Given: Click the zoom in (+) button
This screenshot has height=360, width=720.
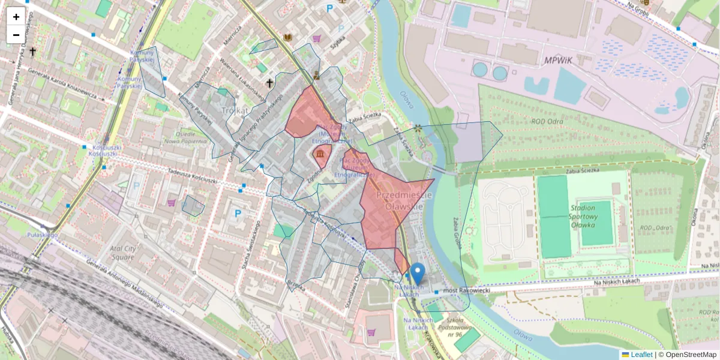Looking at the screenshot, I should coord(16,17).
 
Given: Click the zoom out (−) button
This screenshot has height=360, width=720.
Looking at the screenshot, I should coord(16,35).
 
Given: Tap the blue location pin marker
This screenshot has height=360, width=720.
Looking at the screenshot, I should coord(418,272).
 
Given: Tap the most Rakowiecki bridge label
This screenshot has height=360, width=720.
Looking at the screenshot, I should coord(466,291).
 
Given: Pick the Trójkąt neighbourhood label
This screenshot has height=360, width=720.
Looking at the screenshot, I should coord(235,110).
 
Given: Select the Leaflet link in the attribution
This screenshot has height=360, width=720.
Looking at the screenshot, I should coord(641,355).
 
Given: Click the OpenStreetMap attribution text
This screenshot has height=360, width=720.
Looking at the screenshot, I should coord(689,355).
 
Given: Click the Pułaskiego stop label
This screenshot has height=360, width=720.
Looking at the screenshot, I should coord(42,235).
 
